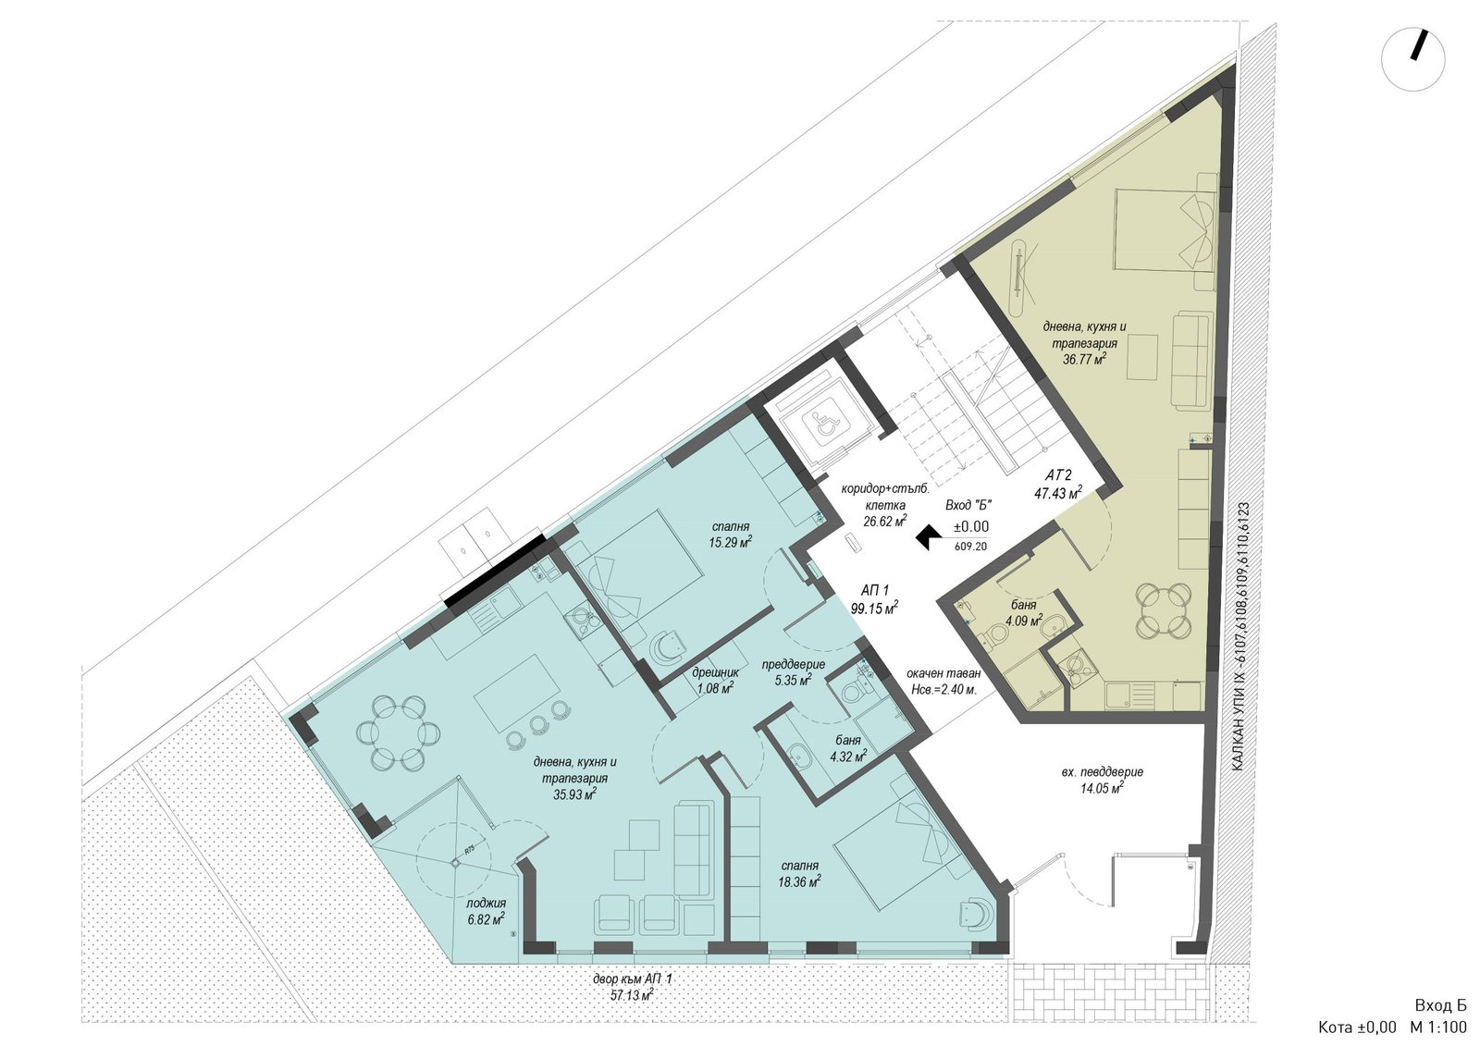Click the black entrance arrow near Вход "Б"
[x=928, y=537]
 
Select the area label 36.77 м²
[x=1084, y=360]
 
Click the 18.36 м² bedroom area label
[x=799, y=880]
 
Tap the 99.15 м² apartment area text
[x=874, y=609]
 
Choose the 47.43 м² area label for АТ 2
[x=1058, y=493]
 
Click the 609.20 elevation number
[x=970, y=547]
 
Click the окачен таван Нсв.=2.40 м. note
[x=943, y=681]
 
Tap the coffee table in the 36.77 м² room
[x=1142, y=357]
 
